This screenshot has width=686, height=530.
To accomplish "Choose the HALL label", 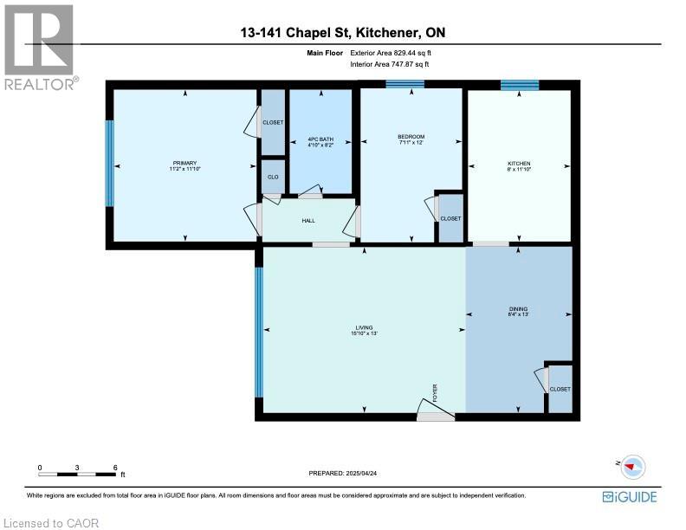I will [x=308, y=221].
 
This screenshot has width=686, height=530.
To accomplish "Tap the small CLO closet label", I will [x=273, y=176].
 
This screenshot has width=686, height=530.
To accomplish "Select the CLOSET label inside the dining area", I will [x=560, y=389].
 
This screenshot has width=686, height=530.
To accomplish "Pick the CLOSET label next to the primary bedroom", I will [x=273, y=122].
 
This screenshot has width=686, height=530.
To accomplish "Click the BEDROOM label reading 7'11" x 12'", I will [x=411, y=139].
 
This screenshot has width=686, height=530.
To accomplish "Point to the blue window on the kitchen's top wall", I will [x=519, y=84].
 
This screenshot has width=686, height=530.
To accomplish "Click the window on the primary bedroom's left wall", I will [x=109, y=163].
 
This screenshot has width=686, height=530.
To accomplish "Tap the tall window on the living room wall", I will [x=258, y=330].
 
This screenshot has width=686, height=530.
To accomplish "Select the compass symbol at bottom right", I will [x=634, y=465].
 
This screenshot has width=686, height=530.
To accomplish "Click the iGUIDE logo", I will [x=629, y=496].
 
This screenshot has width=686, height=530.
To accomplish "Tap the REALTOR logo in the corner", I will [x=40, y=45].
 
